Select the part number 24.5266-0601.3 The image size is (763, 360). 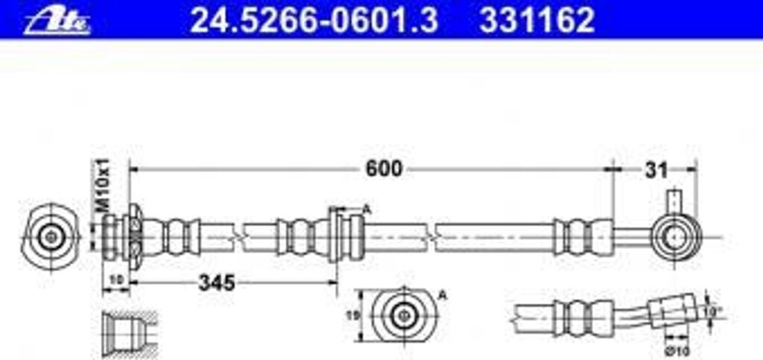(x=313, y=21)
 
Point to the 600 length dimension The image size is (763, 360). (x=383, y=169)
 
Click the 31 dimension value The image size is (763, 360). (x=656, y=170)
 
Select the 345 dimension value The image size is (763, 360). (x=216, y=282)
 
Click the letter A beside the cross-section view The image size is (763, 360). (x=442, y=295)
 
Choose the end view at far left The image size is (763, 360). (x=51, y=237)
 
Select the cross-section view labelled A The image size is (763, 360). (x=402, y=315)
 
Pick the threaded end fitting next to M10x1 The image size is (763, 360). (x=112, y=237)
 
